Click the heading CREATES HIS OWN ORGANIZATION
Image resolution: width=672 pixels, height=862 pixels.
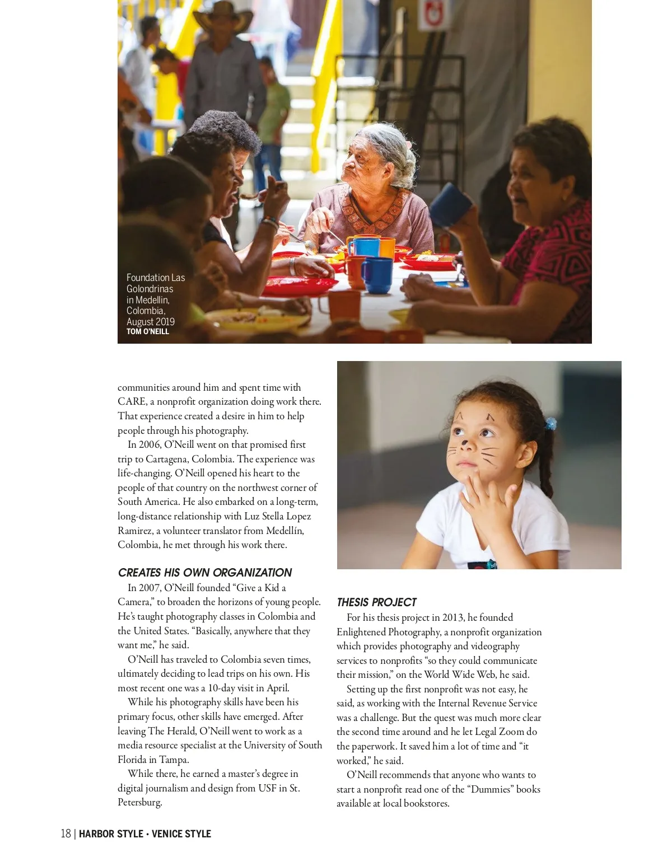pyautogui.click(x=204, y=573)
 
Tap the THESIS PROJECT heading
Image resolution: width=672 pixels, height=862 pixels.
pyautogui.click(x=376, y=602)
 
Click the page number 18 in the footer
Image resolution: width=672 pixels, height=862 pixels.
pyautogui.click(x=66, y=834)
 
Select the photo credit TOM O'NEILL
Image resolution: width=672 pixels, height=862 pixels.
pyautogui.click(x=147, y=331)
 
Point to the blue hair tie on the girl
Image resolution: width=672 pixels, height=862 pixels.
pyautogui.click(x=551, y=423)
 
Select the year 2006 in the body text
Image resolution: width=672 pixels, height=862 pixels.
pyautogui.click(x=149, y=444)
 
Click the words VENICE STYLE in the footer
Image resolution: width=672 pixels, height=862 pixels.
pyautogui.click(x=181, y=834)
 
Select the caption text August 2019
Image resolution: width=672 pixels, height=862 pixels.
pyautogui.click(x=150, y=321)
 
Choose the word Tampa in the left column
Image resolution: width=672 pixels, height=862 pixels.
pyautogui.click(x=174, y=760)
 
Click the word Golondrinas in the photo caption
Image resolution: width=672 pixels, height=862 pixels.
pyautogui.click(x=150, y=289)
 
